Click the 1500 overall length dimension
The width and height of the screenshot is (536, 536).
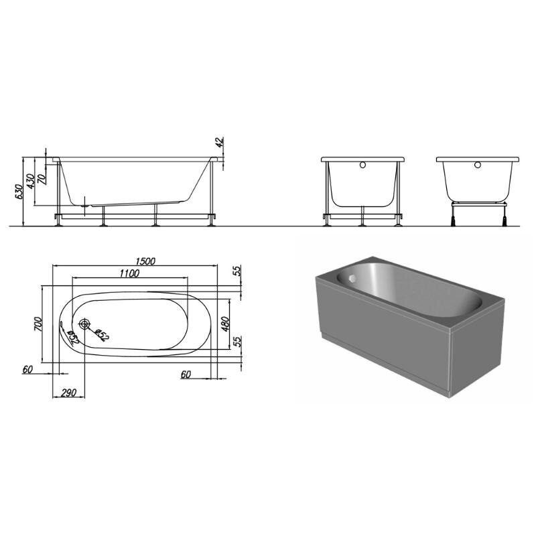pos(145,261)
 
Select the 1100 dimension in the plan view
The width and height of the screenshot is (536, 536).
pos(129,273)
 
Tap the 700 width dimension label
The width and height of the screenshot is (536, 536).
pos(38,324)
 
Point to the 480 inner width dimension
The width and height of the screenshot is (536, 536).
pos(225,324)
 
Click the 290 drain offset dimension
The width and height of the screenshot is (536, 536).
pos(68,393)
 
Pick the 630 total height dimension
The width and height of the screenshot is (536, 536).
pos(19,192)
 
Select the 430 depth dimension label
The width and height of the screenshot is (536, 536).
pos(30,181)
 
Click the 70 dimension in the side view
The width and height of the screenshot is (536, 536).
pos(42,179)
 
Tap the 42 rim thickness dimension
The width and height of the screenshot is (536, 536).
pos(220,142)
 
